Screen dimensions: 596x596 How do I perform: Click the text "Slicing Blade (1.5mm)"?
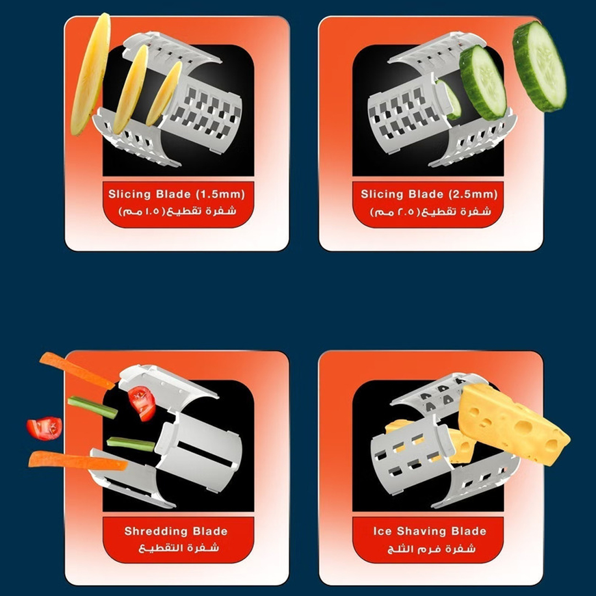click(x=177, y=194)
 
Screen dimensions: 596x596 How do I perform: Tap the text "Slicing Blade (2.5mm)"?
click(x=429, y=194)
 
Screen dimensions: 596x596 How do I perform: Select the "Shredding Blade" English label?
click(x=176, y=531)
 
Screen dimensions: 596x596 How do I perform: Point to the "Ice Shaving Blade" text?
click(x=429, y=531)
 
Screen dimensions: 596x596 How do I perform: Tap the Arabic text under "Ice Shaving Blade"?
click(x=432, y=549)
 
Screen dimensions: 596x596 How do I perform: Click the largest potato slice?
click(x=91, y=74)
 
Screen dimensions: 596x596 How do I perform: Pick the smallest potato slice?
click(x=164, y=93)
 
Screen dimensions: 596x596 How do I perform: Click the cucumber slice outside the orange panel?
click(x=539, y=66)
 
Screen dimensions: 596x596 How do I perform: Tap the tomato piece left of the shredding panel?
click(x=45, y=428)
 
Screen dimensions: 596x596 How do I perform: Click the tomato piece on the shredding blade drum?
click(x=142, y=403)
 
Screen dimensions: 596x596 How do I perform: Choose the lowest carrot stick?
click(x=78, y=460)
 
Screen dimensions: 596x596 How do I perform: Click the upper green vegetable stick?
click(x=92, y=407)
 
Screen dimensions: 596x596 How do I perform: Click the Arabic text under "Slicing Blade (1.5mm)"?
click(x=177, y=211)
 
